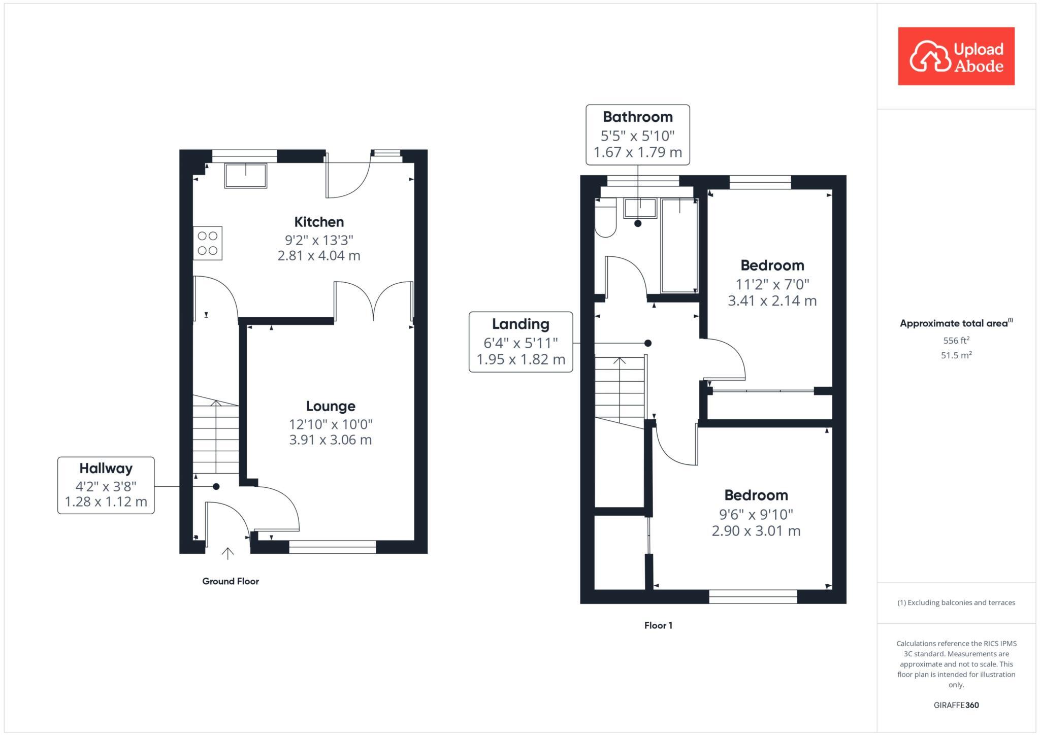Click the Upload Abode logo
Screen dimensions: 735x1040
coord(956,56)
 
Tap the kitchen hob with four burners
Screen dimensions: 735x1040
coord(208,243)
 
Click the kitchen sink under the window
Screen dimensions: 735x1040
coord(246,175)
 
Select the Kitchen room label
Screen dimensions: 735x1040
coord(319,222)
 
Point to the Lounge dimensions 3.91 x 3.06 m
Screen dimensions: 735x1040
coord(330,440)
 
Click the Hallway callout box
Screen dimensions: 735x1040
coord(106,485)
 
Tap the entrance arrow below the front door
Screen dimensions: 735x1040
coord(227,553)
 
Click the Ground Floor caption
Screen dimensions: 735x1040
coord(231,581)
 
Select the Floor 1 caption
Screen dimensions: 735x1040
coord(658,625)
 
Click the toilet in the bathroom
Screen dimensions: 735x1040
coord(605,222)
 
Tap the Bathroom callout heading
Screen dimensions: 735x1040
coord(638,117)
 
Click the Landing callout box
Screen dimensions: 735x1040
coord(521,342)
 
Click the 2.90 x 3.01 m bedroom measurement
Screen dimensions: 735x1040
coord(756,531)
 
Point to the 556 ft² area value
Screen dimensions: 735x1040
coord(956,340)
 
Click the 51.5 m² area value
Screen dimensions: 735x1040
coord(956,355)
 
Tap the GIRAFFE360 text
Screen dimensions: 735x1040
coord(956,705)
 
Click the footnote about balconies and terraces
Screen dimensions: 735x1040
coord(956,603)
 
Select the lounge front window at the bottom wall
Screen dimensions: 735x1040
coord(333,547)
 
